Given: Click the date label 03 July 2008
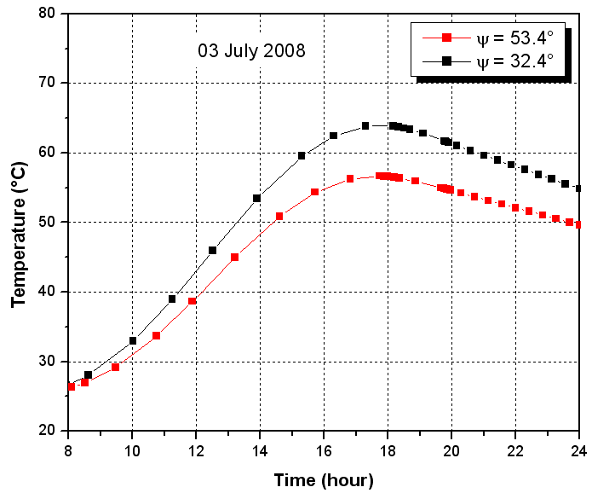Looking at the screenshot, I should coord(251,50).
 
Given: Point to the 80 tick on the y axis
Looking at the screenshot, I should coord(49,14).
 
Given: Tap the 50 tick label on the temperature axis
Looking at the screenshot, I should coord(49,223).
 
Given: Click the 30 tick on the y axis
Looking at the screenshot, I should coord(49,362).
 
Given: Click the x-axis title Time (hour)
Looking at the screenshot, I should coord(324,480).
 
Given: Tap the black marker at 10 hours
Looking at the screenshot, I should coord(133,340).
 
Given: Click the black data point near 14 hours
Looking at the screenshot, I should coord(256,198).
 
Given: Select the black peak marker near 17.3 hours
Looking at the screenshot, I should coord(365,125).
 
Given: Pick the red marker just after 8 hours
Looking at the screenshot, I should coord(72,386).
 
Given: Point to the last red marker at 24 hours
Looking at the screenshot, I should coord(579,224).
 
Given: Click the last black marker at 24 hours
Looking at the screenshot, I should coord(579,188).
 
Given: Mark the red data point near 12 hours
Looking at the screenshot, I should coord(193,301).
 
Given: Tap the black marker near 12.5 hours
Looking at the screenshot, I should coord(212,250).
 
